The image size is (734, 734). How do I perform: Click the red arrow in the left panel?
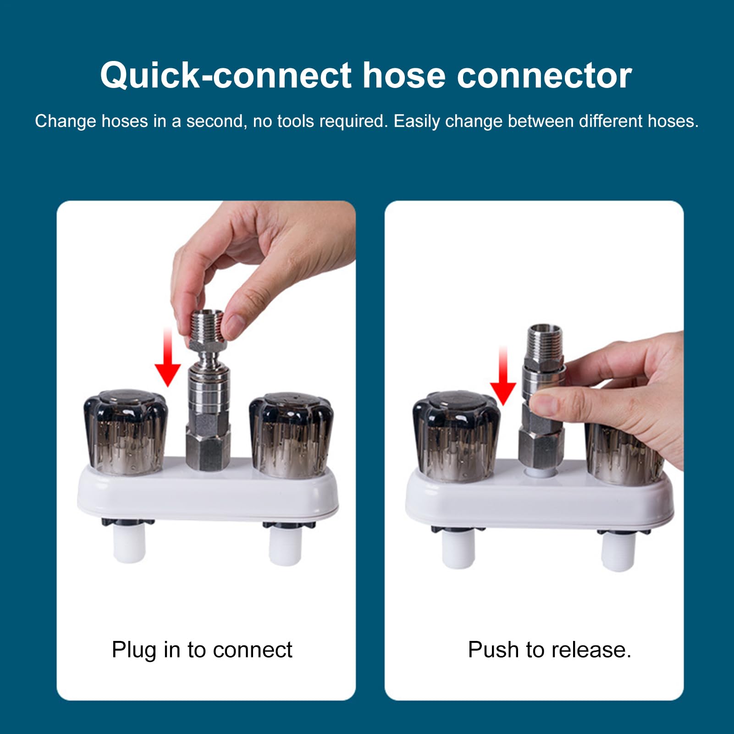(x=168, y=357)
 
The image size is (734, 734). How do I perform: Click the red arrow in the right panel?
(x=503, y=376)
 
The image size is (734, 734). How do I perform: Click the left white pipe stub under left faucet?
(x=129, y=544)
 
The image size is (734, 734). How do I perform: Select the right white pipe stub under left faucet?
(x=285, y=546)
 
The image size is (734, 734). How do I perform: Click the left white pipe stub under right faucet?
(x=458, y=550)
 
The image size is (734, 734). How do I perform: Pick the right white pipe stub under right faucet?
(x=618, y=552)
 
